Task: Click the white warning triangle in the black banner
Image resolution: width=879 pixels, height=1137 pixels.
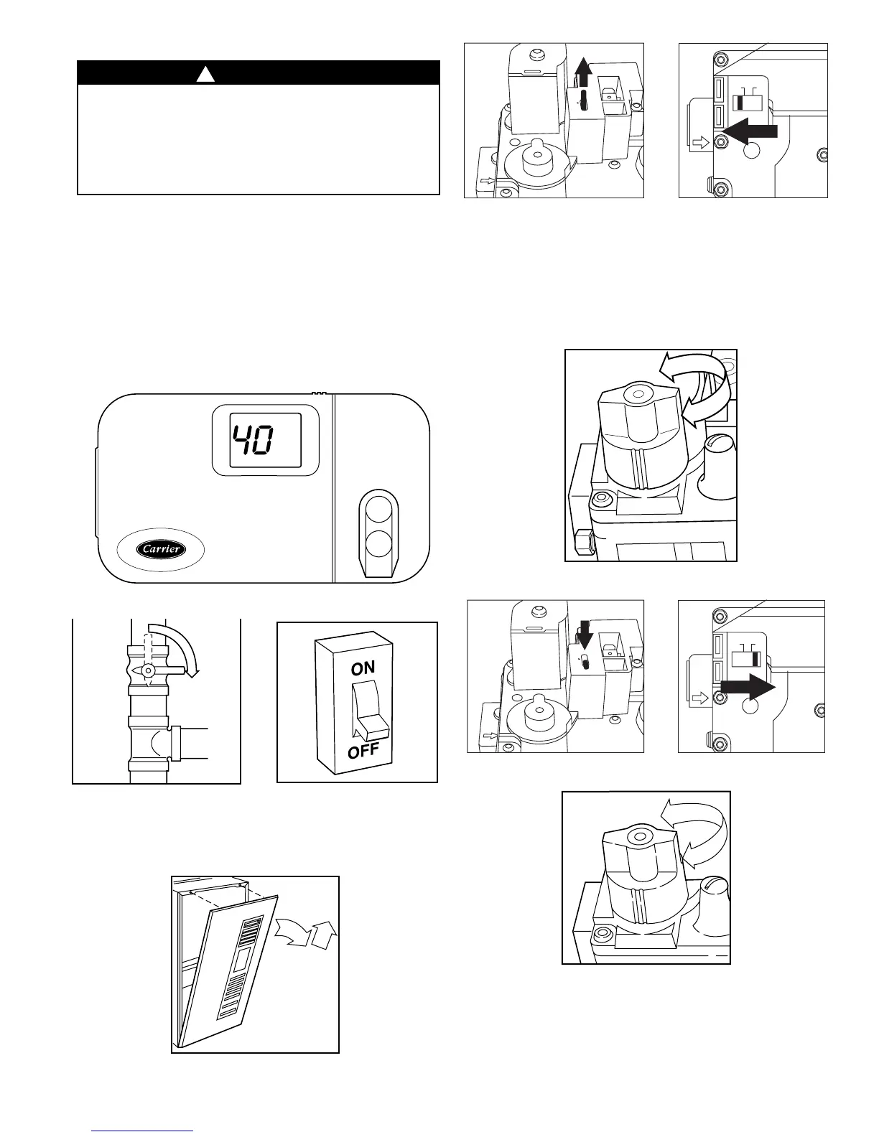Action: pos(206,73)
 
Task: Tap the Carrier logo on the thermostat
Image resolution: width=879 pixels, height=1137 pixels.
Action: pos(162,549)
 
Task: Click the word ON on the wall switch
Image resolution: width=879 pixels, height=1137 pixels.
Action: pos(363,668)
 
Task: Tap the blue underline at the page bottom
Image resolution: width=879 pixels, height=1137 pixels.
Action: pos(143,1131)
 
